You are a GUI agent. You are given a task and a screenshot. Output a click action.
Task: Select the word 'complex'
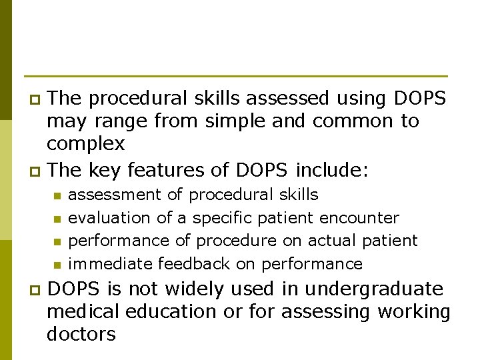coord(86,144)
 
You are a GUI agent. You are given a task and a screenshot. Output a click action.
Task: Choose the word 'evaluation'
coord(110,218)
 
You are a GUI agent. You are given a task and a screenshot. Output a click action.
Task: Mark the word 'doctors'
coord(81,334)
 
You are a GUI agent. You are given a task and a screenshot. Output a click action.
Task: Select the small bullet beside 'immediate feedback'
coord(57,265)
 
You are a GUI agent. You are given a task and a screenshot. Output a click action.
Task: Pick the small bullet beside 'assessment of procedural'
coord(57,196)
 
